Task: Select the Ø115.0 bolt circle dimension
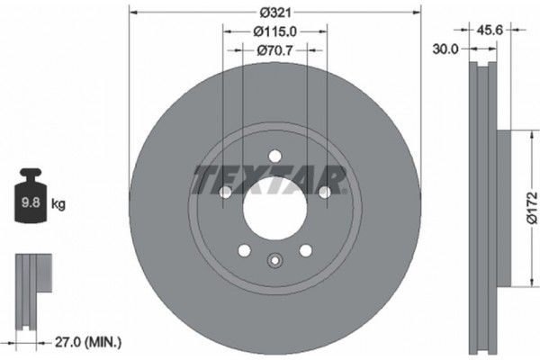coord(275,31)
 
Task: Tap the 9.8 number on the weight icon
coord(29,204)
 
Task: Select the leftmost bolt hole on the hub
coord(226,191)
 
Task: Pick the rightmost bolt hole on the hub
coord(325,191)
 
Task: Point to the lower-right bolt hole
coord(306,250)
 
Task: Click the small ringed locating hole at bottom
coord(275,262)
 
